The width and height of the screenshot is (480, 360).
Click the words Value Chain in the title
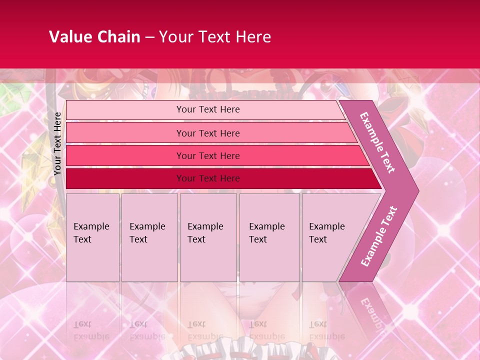pyautogui.click(x=94, y=37)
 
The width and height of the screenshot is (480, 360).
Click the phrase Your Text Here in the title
pyautogui.click(x=215, y=37)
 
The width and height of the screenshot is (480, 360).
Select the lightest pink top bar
pyautogui.click(x=125, y=110)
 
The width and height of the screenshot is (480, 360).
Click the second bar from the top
pyautogui.click(x=125, y=133)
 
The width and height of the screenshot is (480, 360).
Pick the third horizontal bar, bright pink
pyautogui.click(x=125, y=156)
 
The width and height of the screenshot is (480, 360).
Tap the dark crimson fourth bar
pyautogui.click(x=125, y=178)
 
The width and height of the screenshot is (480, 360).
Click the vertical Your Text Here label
pyautogui.click(x=57, y=144)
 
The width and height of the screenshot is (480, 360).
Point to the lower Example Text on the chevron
pyautogui.click(x=379, y=236)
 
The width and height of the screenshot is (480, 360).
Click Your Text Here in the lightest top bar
pyautogui.click(x=208, y=109)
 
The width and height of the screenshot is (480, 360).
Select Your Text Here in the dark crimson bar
pyautogui.click(x=208, y=178)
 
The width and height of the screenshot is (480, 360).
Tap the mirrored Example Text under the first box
pyautogui.click(x=91, y=330)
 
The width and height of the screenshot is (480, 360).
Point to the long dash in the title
pyautogui.click(x=149, y=37)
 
